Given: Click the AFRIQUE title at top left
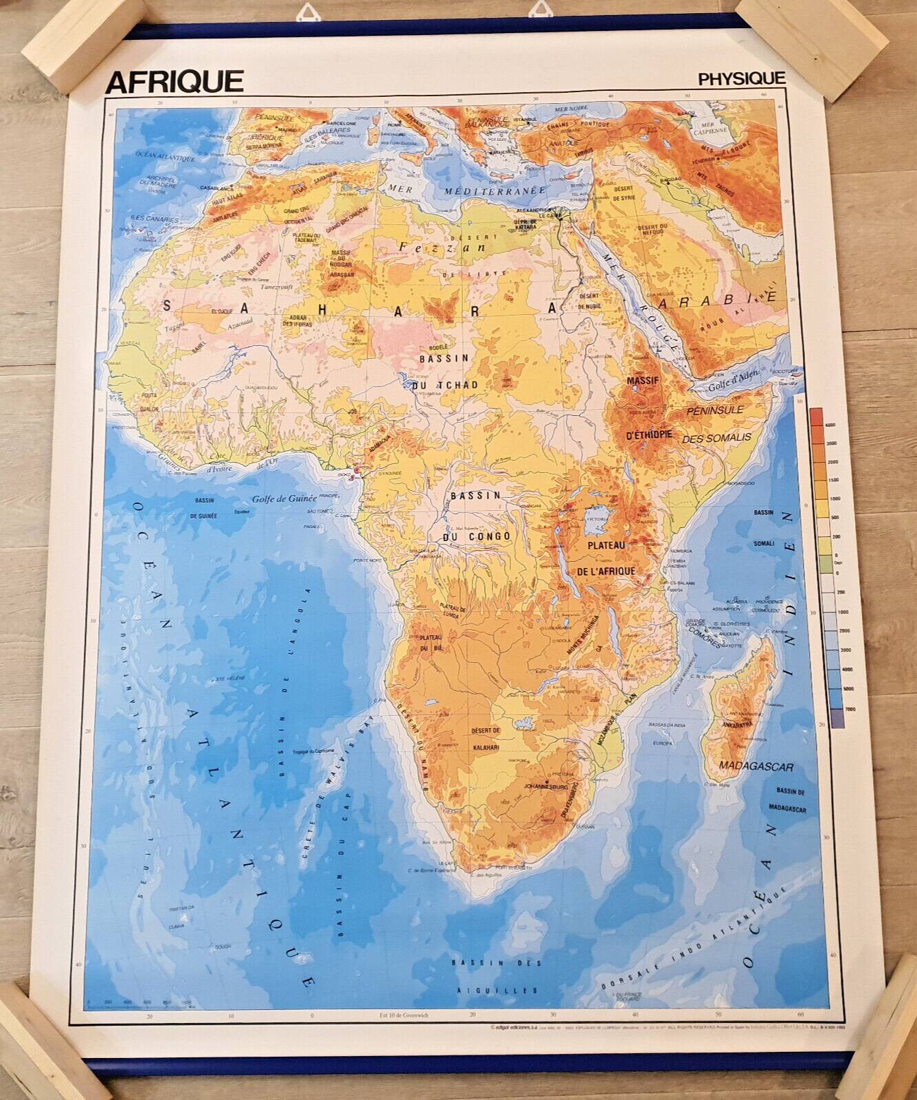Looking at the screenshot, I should [x=174, y=81].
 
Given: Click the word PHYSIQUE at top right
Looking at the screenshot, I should [x=741, y=78].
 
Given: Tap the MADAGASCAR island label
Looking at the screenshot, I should [x=756, y=767].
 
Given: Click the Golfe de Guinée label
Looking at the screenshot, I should [x=284, y=499].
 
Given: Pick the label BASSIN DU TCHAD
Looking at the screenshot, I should [x=444, y=371].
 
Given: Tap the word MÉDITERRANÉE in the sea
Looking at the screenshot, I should [x=495, y=190].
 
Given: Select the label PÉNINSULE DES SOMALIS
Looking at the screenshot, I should [x=716, y=423].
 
